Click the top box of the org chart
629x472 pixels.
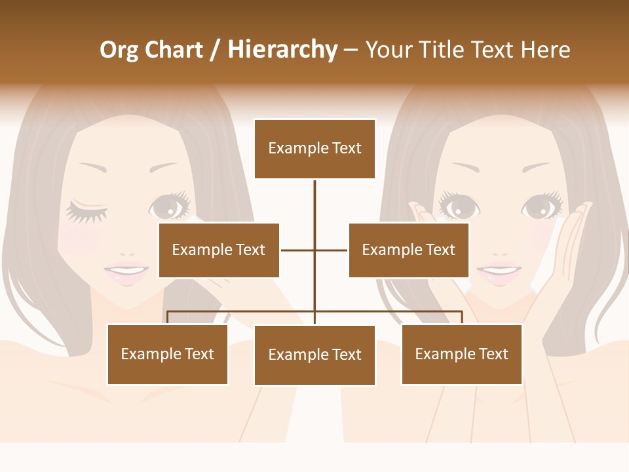pyautogui.click(x=314, y=149)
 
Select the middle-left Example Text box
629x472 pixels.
pyautogui.click(x=219, y=250)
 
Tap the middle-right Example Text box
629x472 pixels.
pyautogui.click(x=409, y=250)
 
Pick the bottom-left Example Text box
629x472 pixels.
pyautogui.click(x=168, y=354)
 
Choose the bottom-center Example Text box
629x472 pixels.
pyautogui.click(x=314, y=355)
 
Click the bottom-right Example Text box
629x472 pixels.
pyautogui.click(x=462, y=354)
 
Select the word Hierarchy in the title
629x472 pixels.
pyautogui.click(x=282, y=50)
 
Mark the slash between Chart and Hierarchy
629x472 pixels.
pyautogui.click(x=215, y=50)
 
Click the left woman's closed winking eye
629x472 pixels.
pyautogui.click(x=86, y=211)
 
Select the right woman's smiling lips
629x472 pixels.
pyautogui.click(x=499, y=271)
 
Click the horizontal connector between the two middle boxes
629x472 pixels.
pyautogui.click(x=314, y=250)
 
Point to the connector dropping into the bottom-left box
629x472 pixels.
pyautogui.click(x=168, y=317)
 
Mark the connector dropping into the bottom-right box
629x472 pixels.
pyautogui.click(x=462, y=317)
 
